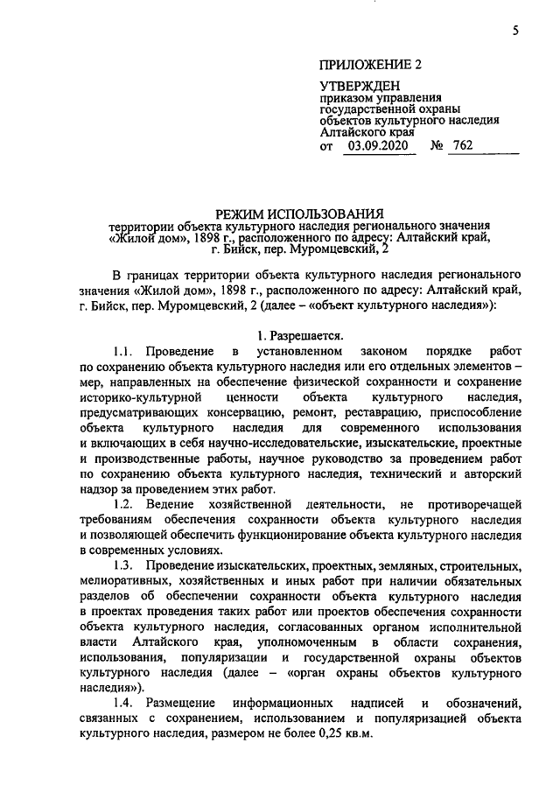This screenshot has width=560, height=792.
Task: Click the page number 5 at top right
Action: coord(515,32)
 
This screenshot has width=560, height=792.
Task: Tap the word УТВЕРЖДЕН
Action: coord(360,86)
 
